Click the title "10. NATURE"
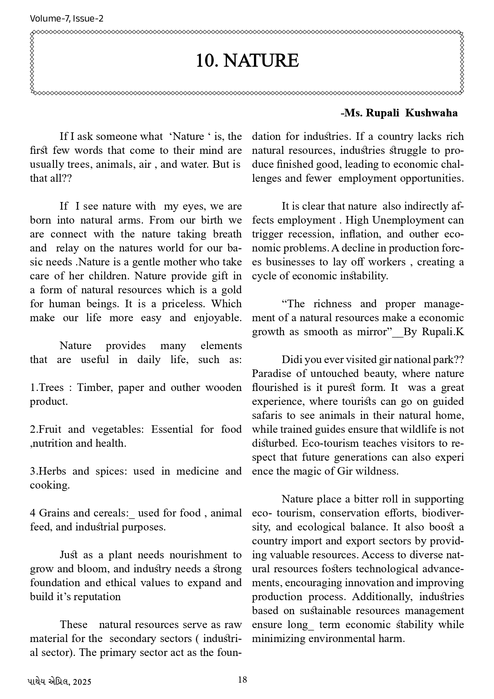click(x=247, y=61)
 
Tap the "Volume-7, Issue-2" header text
click(x=66, y=18)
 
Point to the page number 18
click(x=242, y=680)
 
